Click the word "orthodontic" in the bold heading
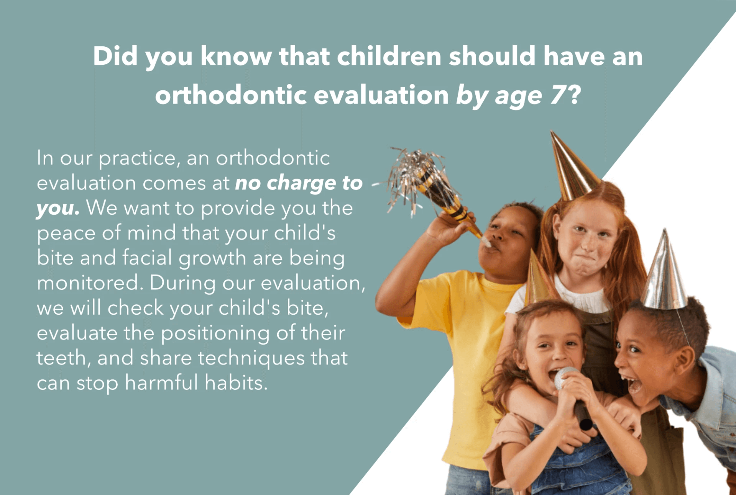231,95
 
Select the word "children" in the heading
389,56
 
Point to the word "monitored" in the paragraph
90,283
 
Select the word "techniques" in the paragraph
251,358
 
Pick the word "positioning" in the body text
215,333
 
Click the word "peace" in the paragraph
66,234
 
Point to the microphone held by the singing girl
574,398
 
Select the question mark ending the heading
575,95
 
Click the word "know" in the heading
236,56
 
